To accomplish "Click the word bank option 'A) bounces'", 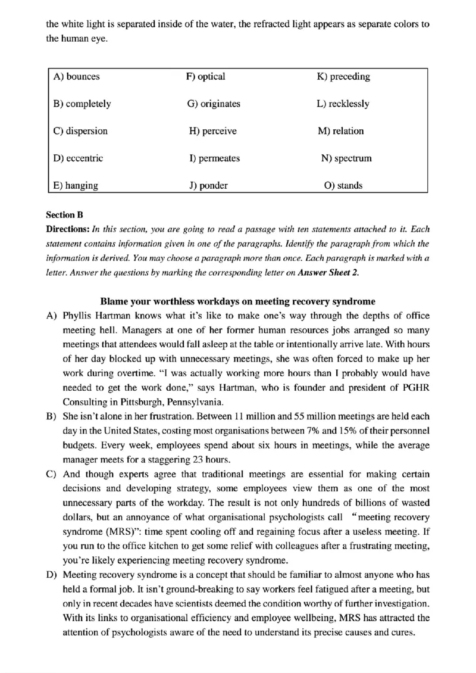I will (x=76, y=77).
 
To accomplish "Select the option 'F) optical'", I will (x=205, y=77).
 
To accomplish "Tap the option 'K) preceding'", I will (x=343, y=77).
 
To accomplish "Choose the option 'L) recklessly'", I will (x=343, y=104).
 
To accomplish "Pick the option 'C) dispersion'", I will (x=80, y=131).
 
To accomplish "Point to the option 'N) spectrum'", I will (x=346, y=158).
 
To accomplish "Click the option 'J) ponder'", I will (x=208, y=186).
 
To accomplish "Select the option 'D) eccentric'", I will (x=78, y=158).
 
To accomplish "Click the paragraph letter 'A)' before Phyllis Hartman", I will (x=51, y=316).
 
